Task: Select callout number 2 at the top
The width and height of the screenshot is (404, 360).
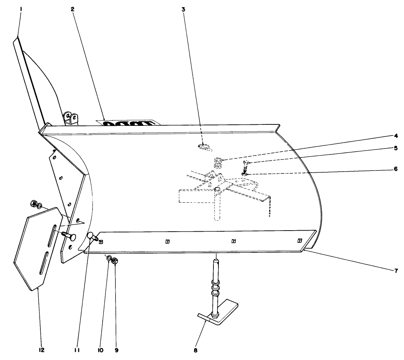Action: pos(73,9)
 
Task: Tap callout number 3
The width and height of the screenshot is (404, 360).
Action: pos(183,9)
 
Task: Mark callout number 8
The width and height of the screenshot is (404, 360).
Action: pos(196,350)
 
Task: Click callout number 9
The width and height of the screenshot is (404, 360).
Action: pos(117,350)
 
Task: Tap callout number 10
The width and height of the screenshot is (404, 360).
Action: pos(100,350)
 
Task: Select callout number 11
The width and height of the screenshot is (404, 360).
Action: pos(77,350)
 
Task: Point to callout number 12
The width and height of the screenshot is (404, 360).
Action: pos(41,350)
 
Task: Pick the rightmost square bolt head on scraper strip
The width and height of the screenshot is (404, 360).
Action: pos(300,241)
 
